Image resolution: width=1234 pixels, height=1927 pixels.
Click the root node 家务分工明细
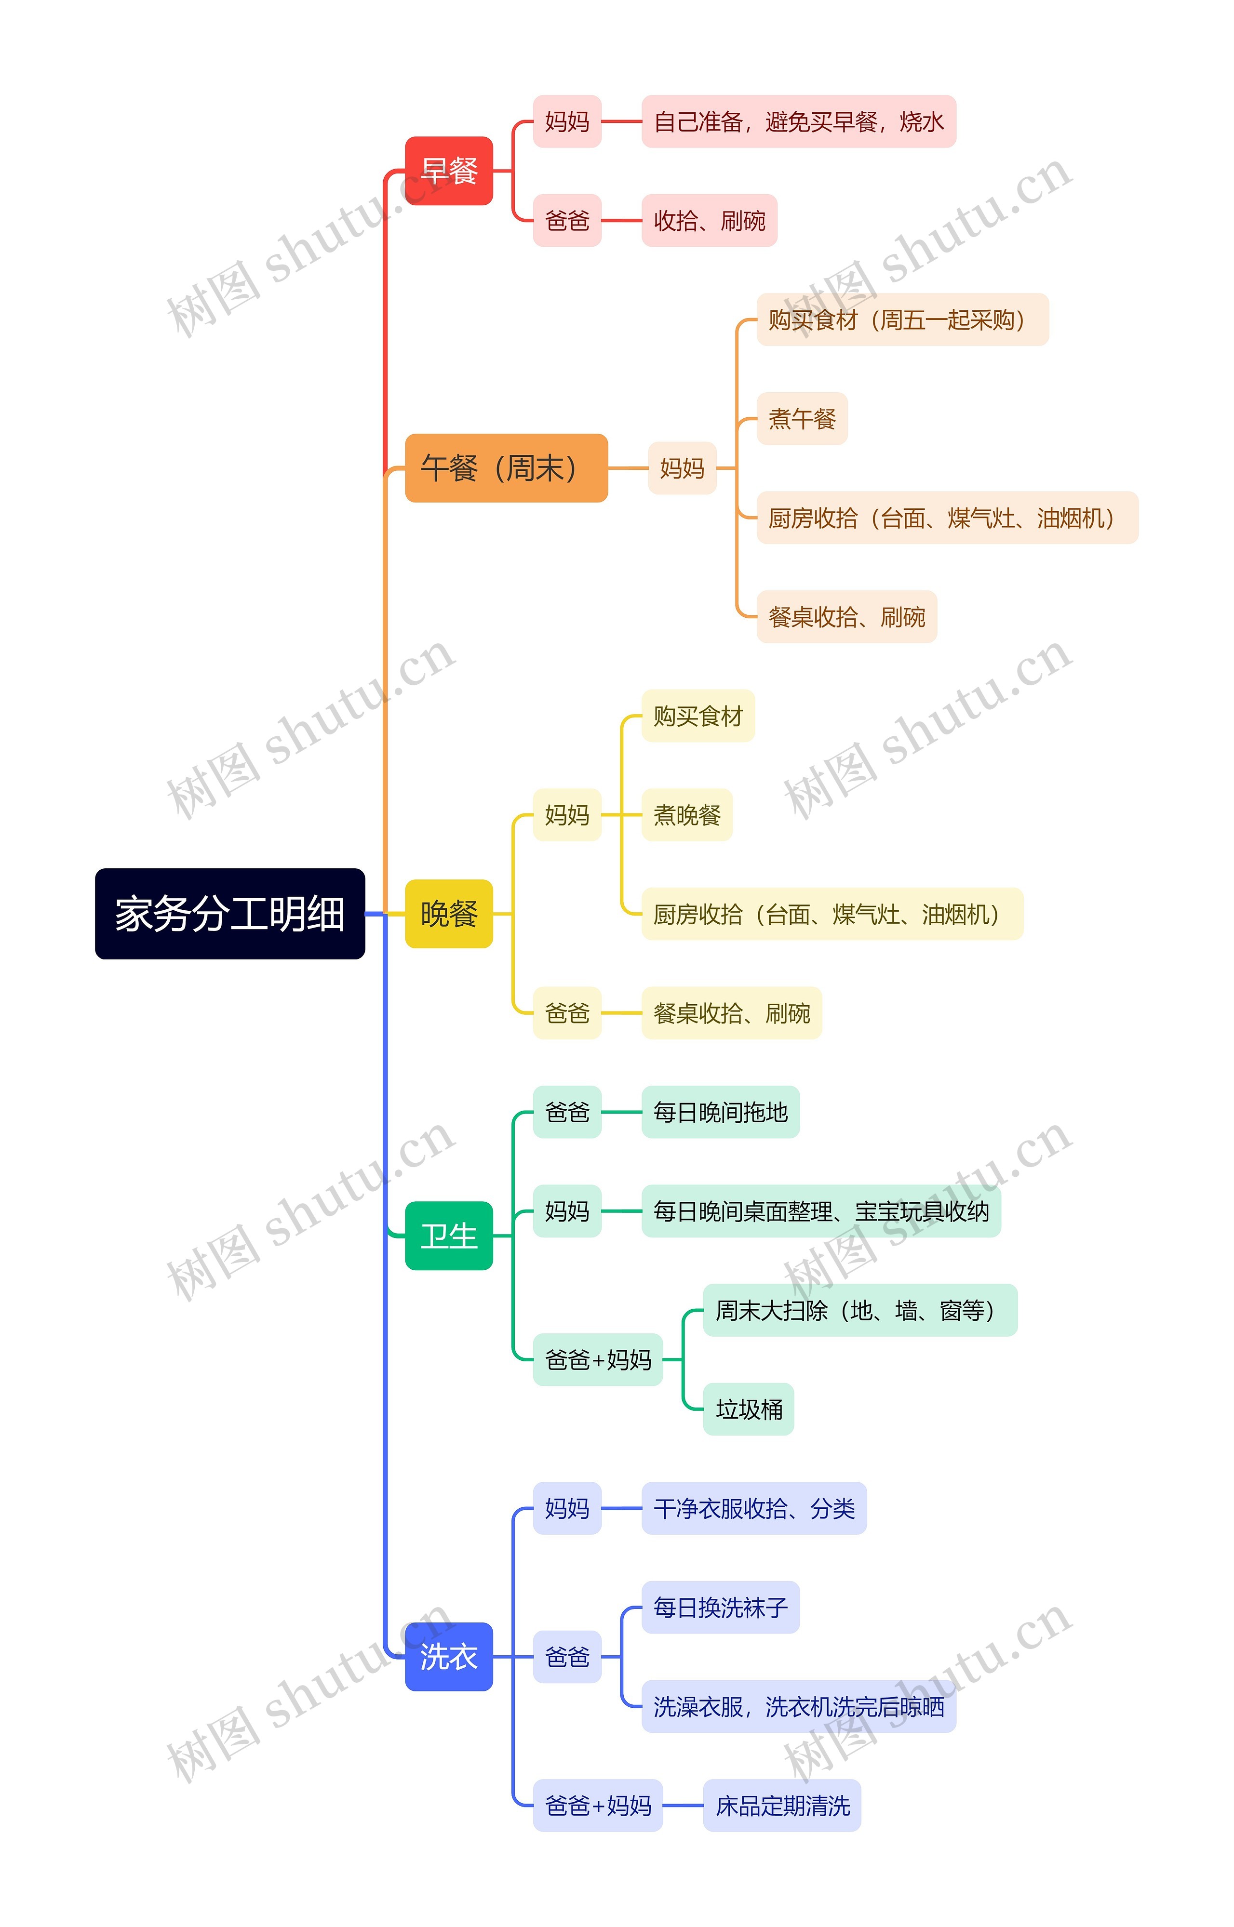(230, 913)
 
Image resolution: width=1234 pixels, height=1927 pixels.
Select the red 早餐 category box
(449, 171)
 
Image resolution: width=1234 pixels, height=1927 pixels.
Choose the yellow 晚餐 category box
(449, 913)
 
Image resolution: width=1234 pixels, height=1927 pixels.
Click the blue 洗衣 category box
(449, 1656)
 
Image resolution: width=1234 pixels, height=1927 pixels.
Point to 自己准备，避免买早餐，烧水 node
(798, 122)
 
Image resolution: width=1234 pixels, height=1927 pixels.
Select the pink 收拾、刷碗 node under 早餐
(709, 220)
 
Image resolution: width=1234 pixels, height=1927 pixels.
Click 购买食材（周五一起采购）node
(902, 319)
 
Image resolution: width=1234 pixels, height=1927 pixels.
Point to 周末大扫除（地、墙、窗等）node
(860, 1310)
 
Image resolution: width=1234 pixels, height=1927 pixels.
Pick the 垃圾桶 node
(749, 1409)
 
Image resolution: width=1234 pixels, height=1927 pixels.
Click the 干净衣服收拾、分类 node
(754, 1508)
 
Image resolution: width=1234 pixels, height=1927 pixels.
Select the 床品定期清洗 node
(782, 1805)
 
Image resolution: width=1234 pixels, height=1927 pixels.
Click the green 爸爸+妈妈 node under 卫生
(598, 1359)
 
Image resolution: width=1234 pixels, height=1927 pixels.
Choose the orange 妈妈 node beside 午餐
(682, 468)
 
